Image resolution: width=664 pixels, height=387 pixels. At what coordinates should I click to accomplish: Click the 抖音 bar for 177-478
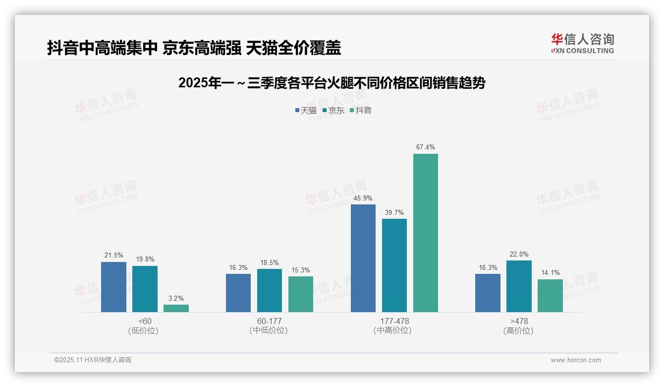pyautogui.click(x=426, y=233)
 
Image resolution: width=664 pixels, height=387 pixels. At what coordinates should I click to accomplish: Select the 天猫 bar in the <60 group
pyautogui.click(x=113, y=287)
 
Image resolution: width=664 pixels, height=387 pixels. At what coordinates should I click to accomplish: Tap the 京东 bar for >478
pyautogui.click(x=519, y=286)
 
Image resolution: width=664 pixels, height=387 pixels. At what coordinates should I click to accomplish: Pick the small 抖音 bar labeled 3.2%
pyautogui.click(x=176, y=308)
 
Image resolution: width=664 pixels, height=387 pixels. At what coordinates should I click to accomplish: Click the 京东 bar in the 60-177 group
pyautogui.click(x=270, y=290)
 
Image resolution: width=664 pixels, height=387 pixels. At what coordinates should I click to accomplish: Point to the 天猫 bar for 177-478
pyautogui.click(x=363, y=258)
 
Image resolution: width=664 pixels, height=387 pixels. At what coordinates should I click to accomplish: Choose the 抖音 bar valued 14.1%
pyautogui.click(x=550, y=296)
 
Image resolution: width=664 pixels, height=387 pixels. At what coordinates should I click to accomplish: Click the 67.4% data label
pyautogui.click(x=426, y=147)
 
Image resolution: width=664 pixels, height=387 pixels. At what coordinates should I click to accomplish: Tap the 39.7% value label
pyautogui.click(x=394, y=213)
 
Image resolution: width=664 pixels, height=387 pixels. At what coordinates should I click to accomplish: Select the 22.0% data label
pyautogui.click(x=519, y=255)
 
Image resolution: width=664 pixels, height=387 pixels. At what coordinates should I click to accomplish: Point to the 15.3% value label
pyautogui.click(x=301, y=270)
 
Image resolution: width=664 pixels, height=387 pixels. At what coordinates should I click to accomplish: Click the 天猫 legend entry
pyautogui.click(x=306, y=111)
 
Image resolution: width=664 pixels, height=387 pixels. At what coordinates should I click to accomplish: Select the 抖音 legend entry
pyautogui.click(x=360, y=111)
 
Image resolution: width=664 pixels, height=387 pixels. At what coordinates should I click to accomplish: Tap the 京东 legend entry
pyautogui.click(x=333, y=111)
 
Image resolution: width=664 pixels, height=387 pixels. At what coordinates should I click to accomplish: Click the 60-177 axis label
pyautogui.click(x=269, y=321)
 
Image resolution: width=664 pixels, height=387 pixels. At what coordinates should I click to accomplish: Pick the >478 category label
pyautogui.click(x=519, y=321)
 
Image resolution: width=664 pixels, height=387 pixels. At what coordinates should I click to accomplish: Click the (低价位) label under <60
pyautogui.click(x=144, y=331)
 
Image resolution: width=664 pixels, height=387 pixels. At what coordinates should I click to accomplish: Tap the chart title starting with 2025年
pyautogui.click(x=332, y=83)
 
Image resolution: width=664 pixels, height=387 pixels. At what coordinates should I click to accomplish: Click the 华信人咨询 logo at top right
pyautogui.click(x=582, y=43)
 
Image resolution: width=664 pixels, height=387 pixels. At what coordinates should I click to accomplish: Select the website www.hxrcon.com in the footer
pyautogui.click(x=576, y=360)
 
